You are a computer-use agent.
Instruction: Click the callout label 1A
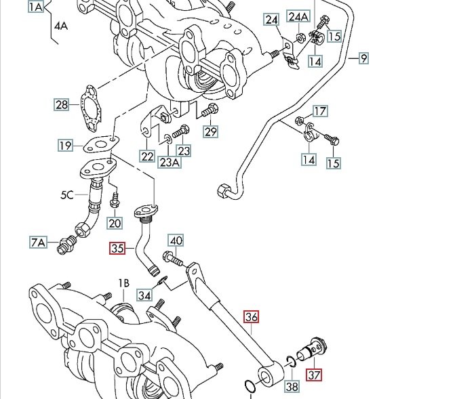tap(36, 7)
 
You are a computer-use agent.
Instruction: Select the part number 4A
tap(62, 26)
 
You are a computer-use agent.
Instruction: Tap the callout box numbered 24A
tap(298, 16)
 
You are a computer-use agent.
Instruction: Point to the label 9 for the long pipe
tap(363, 58)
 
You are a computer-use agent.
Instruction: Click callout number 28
tap(62, 104)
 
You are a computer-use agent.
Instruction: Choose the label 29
tap(210, 131)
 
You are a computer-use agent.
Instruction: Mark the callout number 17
tap(319, 111)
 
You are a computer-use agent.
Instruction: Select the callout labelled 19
tap(65, 146)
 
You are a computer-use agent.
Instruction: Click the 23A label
tap(170, 162)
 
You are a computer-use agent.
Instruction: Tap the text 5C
tap(66, 195)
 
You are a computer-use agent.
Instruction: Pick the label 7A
tap(38, 242)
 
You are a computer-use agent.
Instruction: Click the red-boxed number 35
tap(118, 249)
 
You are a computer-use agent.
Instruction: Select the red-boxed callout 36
tap(252, 316)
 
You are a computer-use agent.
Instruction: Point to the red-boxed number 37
tap(314, 375)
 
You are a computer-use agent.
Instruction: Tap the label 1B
tap(123, 282)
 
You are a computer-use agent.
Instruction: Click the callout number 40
tap(176, 240)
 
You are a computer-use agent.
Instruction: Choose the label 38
tap(292, 387)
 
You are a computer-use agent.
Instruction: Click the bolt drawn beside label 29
tap(209, 110)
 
